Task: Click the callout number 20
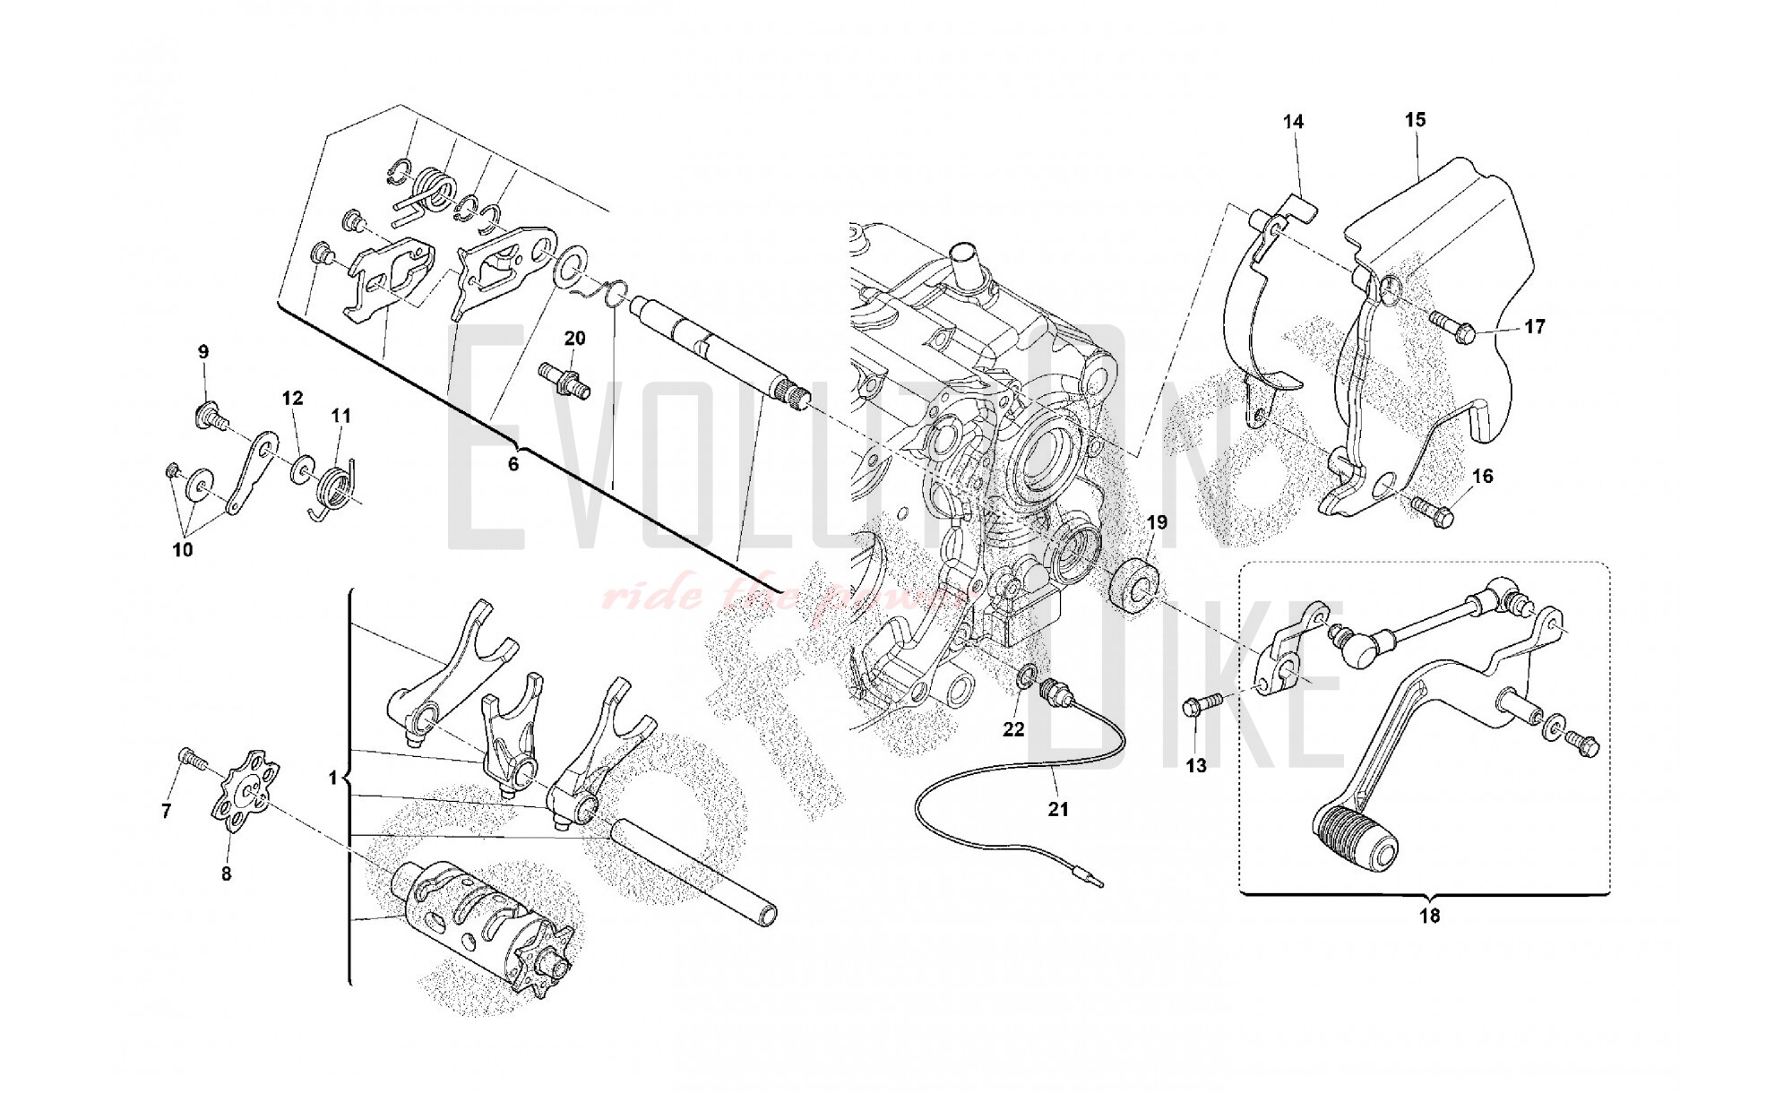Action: tap(574, 339)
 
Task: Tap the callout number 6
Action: tap(513, 464)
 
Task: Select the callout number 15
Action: tap(1415, 119)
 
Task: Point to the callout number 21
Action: tap(1058, 809)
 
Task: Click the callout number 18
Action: tap(1429, 916)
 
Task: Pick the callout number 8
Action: tap(226, 873)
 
